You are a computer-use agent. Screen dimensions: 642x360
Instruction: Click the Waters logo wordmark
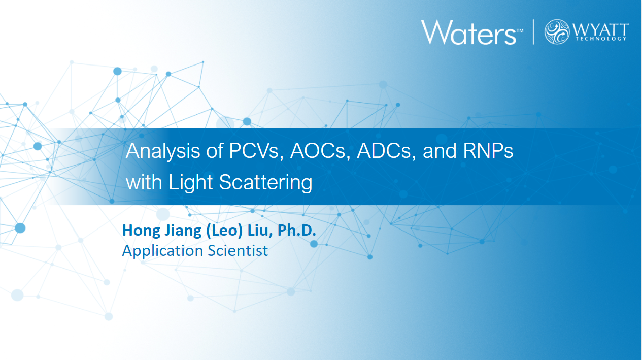click(x=468, y=32)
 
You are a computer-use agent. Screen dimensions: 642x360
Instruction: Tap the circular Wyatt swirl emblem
click(x=557, y=31)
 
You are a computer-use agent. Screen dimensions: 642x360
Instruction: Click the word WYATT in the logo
click(x=600, y=29)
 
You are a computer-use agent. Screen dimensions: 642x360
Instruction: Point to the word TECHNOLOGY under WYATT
click(x=601, y=39)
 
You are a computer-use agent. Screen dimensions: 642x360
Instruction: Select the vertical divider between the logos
click(x=533, y=32)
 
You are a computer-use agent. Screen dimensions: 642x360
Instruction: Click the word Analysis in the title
click(x=163, y=151)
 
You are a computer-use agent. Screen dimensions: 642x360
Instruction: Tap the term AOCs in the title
click(x=320, y=151)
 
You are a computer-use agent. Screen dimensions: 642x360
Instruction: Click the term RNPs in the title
click(x=488, y=151)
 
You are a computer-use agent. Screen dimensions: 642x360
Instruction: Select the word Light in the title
click(x=191, y=182)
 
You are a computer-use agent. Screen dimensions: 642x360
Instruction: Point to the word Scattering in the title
click(x=266, y=182)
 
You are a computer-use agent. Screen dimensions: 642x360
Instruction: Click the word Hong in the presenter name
click(x=141, y=231)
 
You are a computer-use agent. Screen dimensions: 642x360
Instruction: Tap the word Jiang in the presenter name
click(x=183, y=231)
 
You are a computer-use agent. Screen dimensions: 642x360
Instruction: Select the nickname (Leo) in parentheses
click(x=224, y=231)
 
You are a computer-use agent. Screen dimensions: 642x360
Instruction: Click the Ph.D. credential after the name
click(x=296, y=230)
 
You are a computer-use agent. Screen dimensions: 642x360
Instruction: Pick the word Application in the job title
click(x=163, y=251)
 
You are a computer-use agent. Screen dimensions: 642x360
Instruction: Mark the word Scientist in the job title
click(x=238, y=250)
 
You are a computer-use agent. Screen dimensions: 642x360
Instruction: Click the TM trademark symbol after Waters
click(x=520, y=30)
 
